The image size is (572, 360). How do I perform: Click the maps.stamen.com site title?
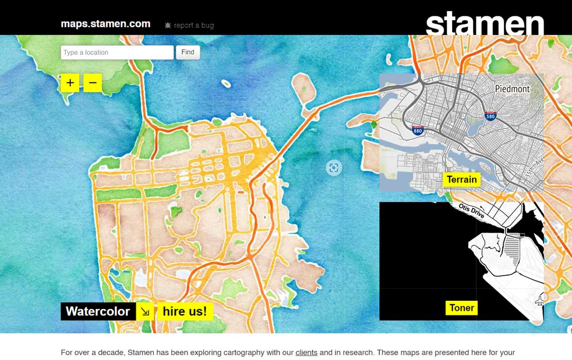[x=105, y=24]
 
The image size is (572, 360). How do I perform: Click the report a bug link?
[x=194, y=25]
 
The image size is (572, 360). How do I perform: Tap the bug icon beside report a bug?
[x=168, y=25]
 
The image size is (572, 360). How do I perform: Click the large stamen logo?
[x=485, y=23]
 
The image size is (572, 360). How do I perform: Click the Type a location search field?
[x=117, y=52]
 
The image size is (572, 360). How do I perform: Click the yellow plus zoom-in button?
[x=70, y=83]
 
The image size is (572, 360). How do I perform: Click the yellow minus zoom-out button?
[x=93, y=83]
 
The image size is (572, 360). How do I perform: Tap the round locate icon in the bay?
[x=334, y=167]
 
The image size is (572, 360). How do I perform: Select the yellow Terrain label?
[x=462, y=179]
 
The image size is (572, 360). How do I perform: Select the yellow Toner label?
[x=462, y=308]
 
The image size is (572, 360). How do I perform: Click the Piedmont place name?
[x=512, y=89]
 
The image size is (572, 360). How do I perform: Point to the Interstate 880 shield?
[x=418, y=130]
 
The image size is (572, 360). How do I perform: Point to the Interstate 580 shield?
[x=490, y=116]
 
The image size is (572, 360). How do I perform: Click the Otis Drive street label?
[x=472, y=211]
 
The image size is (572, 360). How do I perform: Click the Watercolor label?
[x=98, y=311]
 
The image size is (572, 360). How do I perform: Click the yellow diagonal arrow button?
[x=145, y=311]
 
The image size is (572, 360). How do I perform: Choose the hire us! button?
[x=184, y=311]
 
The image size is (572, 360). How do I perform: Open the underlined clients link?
[x=306, y=352]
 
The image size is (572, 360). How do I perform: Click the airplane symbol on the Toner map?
[x=539, y=300]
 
